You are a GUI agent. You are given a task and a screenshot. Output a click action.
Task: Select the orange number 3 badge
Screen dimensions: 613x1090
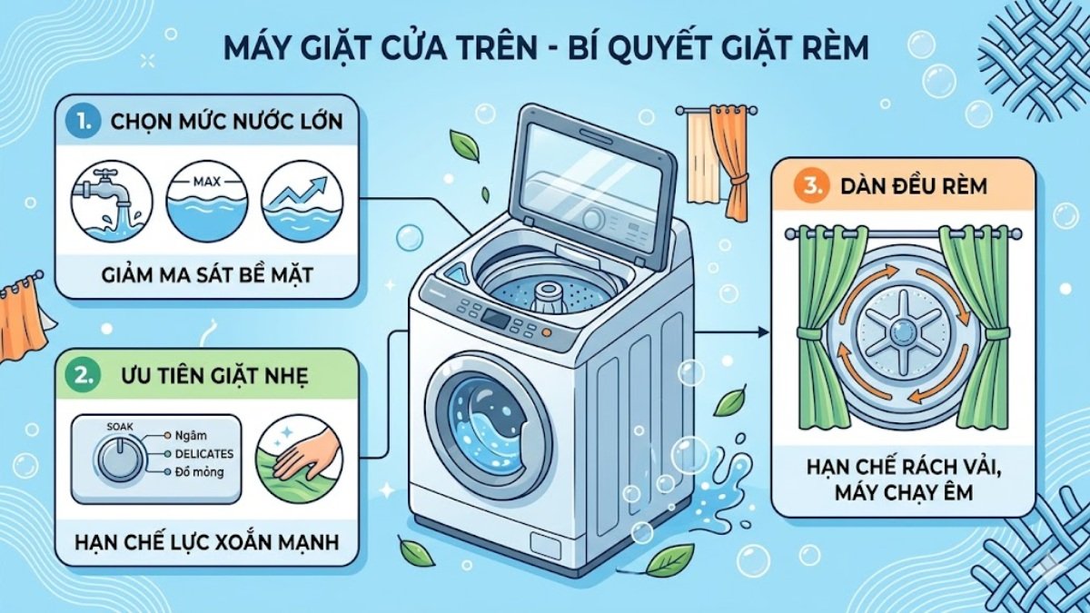(813, 187)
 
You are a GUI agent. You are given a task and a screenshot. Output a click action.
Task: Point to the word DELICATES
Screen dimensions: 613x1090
(203, 453)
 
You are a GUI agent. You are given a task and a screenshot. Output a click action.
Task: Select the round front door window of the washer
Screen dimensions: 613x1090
(489, 423)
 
